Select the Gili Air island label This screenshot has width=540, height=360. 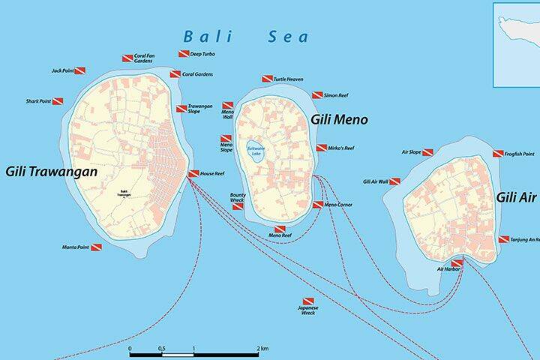pos(517,197)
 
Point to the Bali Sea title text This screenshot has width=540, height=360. pos(246,35)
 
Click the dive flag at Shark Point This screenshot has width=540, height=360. pos(58,101)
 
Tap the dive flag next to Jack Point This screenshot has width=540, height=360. pos(79,70)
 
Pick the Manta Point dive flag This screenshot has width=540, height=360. pos(96,247)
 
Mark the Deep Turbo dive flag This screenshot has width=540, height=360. pos(183,54)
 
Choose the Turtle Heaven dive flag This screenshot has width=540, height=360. pos(267,79)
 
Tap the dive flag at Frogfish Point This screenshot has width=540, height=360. pos(498,154)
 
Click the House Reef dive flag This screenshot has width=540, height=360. pos(193,173)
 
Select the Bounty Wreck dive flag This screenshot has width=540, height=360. pos(238,206)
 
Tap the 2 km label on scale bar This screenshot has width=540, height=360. pos(263,349)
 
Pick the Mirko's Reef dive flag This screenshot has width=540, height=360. pos(322,148)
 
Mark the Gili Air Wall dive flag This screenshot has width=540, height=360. pos(395,181)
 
